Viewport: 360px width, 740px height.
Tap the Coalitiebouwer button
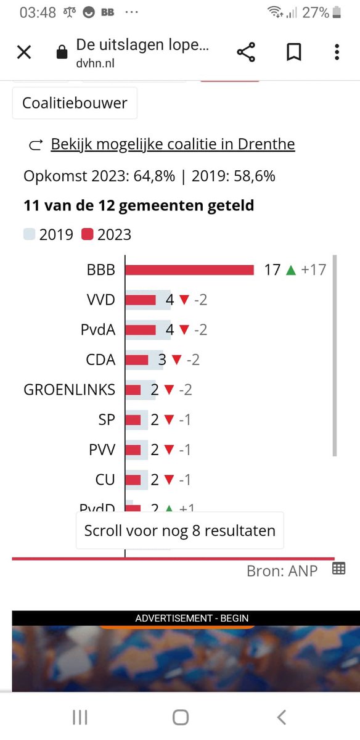pyautogui.click(x=75, y=103)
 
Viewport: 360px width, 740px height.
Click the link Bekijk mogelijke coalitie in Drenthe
pyautogui.click(x=173, y=144)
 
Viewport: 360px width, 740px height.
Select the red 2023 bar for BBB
pyautogui.click(x=190, y=270)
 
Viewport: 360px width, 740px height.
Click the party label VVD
pyautogui.click(x=101, y=300)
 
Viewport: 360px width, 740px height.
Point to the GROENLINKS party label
pyautogui.click(x=69, y=390)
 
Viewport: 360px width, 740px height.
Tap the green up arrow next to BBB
pyautogui.click(x=291, y=270)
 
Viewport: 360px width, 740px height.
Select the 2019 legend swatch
pyautogui.click(x=30, y=234)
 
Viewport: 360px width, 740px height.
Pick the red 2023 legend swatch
pyautogui.click(x=87, y=234)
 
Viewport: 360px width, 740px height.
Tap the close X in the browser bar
pyautogui.click(x=23, y=52)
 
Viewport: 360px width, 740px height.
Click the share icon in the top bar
pyautogui.click(x=246, y=52)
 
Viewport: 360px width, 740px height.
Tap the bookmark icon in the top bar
pyautogui.click(x=293, y=52)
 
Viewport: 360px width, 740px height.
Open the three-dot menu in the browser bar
pyautogui.click(x=337, y=52)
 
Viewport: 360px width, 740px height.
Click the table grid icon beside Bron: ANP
pyautogui.click(x=338, y=569)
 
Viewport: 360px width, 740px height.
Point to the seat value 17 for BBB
pyautogui.click(x=272, y=270)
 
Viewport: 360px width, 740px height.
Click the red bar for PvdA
pyautogui.click(x=141, y=330)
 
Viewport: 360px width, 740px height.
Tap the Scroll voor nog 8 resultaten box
pyautogui.click(x=179, y=530)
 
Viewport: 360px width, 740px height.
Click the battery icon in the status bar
pyautogui.click(x=337, y=12)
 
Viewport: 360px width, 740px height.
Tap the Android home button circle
pyautogui.click(x=180, y=717)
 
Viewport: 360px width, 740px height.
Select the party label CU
pyautogui.click(x=105, y=480)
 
